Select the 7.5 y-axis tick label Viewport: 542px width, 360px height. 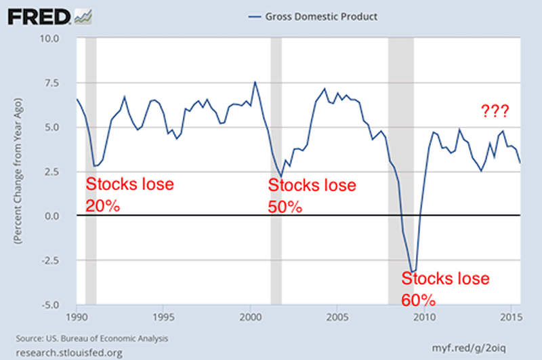64,83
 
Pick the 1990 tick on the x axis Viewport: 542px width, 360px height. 77,317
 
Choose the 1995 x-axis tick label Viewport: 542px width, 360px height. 163,317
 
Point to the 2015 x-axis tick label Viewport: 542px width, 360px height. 509,317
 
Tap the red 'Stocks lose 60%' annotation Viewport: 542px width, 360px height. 445,289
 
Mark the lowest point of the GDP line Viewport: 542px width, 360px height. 411,271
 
